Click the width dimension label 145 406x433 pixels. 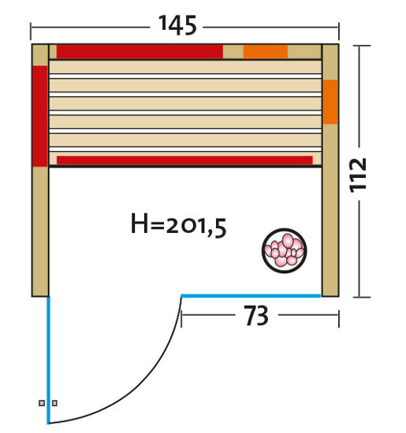177,25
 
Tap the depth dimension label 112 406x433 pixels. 358,175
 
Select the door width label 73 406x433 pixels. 256,316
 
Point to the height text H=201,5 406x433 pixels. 179,225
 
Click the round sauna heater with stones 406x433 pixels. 284,250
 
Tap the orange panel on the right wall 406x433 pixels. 330,102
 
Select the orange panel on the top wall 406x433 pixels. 266,52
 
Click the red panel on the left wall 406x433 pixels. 40,117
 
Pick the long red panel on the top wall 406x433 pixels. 140,52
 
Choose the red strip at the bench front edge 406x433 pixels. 184,161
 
